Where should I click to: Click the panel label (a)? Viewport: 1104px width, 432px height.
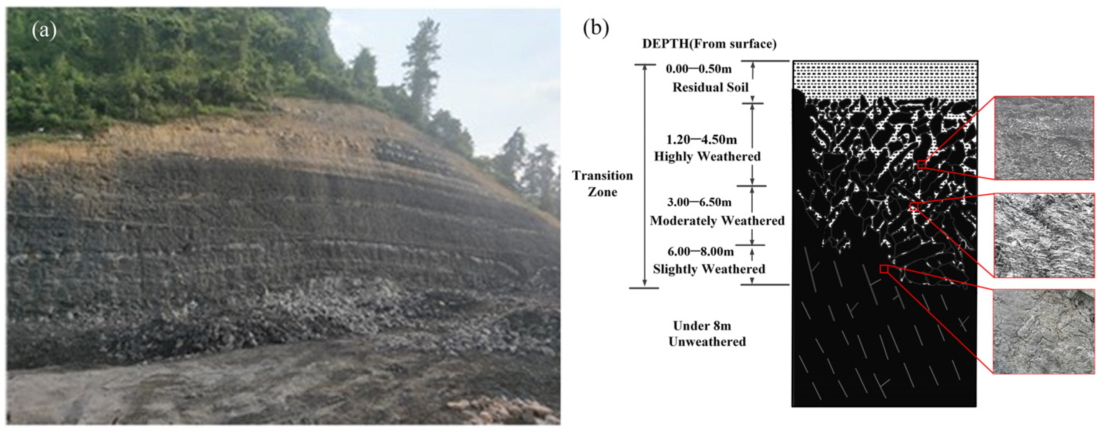[x=44, y=31]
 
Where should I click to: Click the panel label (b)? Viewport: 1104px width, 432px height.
[x=596, y=28]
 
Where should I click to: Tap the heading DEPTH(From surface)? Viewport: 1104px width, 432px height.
[x=709, y=44]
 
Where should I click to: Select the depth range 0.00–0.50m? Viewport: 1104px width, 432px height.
[x=699, y=69]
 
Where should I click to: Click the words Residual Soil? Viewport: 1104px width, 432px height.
[x=710, y=87]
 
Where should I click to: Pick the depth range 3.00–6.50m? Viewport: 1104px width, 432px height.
[x=699, y=202]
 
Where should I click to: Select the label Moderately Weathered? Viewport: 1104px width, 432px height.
[x=717, y=221]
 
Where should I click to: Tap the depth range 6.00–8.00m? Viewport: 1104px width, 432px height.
[x=701, y=251]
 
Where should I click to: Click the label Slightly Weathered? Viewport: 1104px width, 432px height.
[x=709, y=269]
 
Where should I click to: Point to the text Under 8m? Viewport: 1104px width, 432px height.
[x=702, y=326]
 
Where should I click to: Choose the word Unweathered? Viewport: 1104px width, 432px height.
[x=707, y=342]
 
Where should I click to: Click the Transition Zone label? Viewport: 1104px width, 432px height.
[x=602, y=184]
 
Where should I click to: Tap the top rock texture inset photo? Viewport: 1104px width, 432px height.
[x=1043, y=138]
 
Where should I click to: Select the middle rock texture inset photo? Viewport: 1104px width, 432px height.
[x=1043, y=235]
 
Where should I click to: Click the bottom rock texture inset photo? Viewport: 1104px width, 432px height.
[x=1043, y=332]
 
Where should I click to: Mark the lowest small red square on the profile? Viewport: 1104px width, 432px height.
[x=884, y=269]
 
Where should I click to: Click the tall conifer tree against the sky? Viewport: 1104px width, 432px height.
[x=420, y=64]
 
